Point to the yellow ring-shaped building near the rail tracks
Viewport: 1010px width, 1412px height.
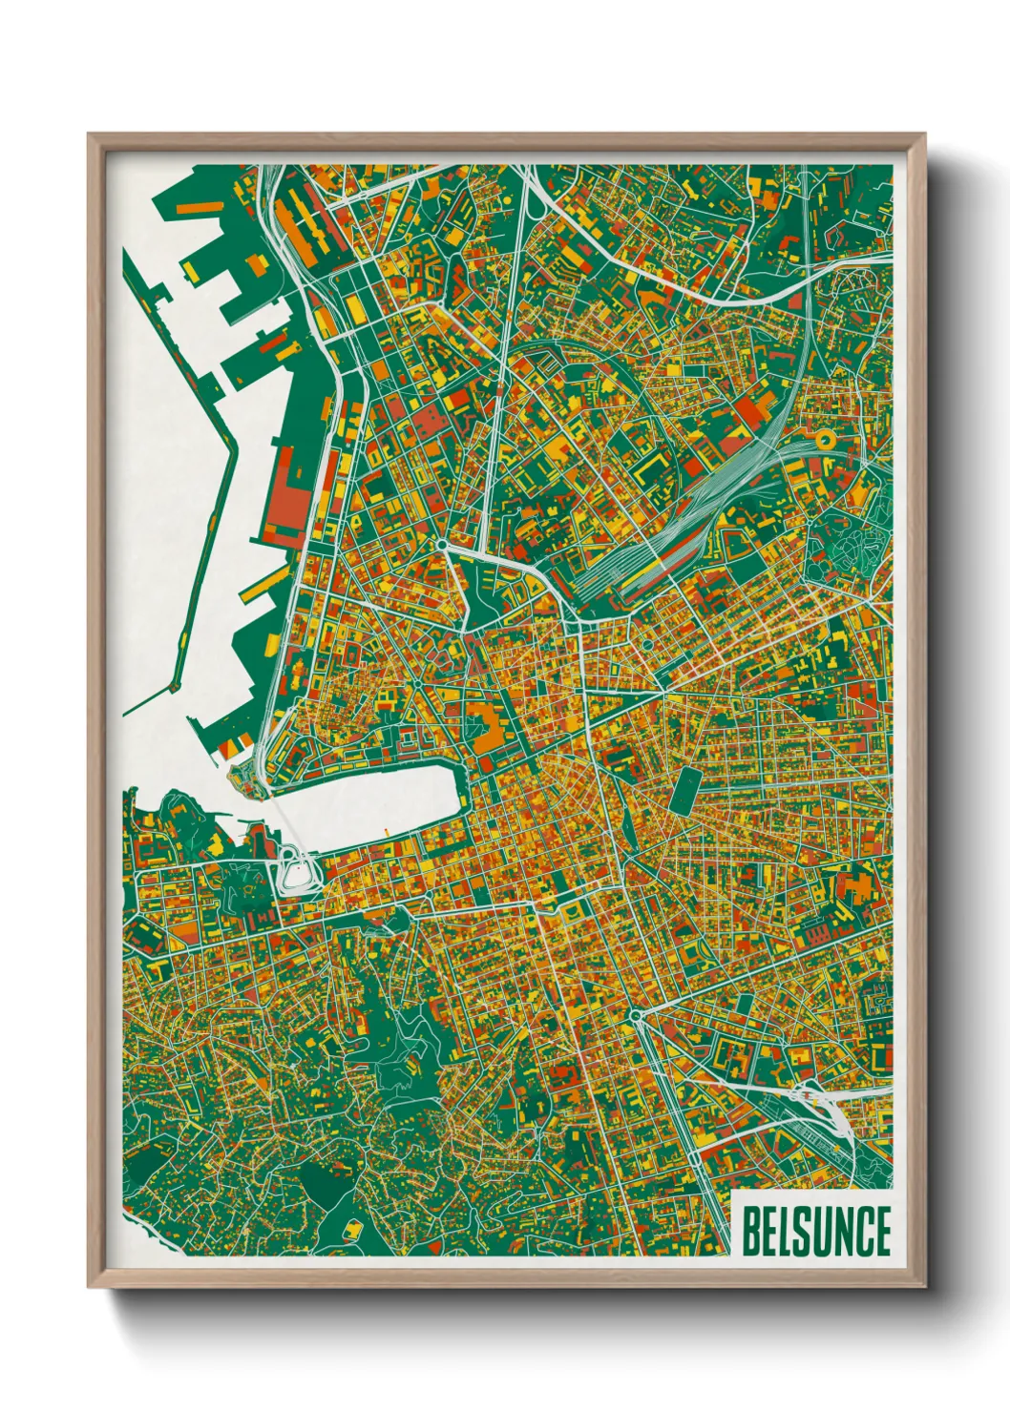pyautogui.click(x=822, y=440)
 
